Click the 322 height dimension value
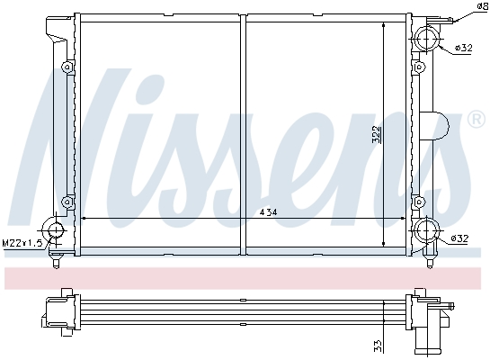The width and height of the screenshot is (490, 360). click(x=379, y=135)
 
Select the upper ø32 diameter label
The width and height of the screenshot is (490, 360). click(x=463, y=48)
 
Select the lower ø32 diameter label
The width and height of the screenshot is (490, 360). click(x=459, y=238)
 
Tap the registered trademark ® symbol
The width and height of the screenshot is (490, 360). click(x=476, y=119)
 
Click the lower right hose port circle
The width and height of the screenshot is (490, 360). click(x=425, y=232)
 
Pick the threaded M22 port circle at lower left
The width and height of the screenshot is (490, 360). click(x=56, y=231)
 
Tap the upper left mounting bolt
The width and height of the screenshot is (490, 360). click(x=67, y=67)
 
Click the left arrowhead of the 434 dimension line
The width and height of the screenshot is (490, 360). click(x=85, y=219)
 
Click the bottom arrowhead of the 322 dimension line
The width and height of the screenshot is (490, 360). click(x=385, y=244)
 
